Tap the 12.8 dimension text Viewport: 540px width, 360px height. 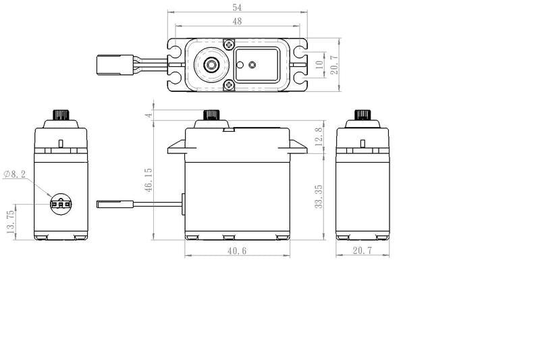click(x=319, y=138)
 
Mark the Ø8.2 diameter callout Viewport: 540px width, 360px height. click(x=15, y=174)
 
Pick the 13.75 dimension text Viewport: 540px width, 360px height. click(x=9, y=221)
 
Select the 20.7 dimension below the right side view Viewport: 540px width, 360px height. click(x=362, y=251)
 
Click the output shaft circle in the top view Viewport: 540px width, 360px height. click(x=211, y=65)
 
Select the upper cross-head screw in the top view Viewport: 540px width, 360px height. click(x=230, y=45)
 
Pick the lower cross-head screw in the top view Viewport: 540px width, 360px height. click(x=230, y=84)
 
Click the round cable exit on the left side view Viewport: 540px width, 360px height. click(x=61, y=203)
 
